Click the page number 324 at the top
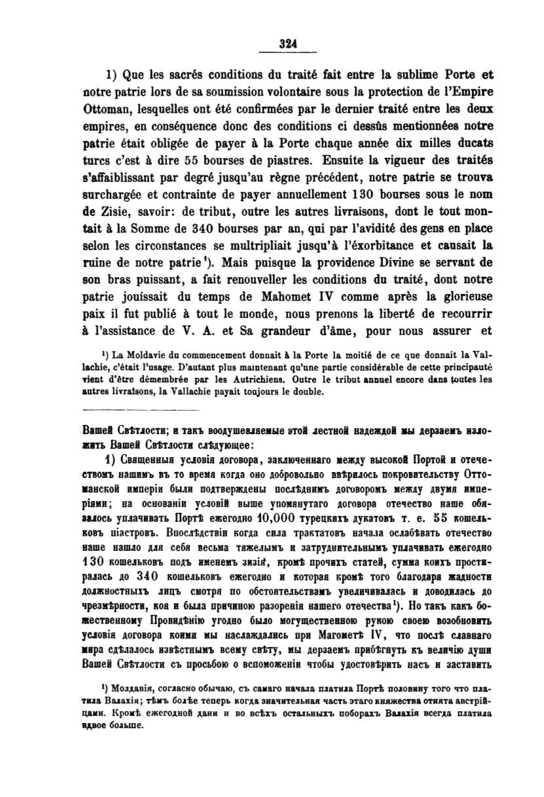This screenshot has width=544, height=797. pos(288,44)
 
